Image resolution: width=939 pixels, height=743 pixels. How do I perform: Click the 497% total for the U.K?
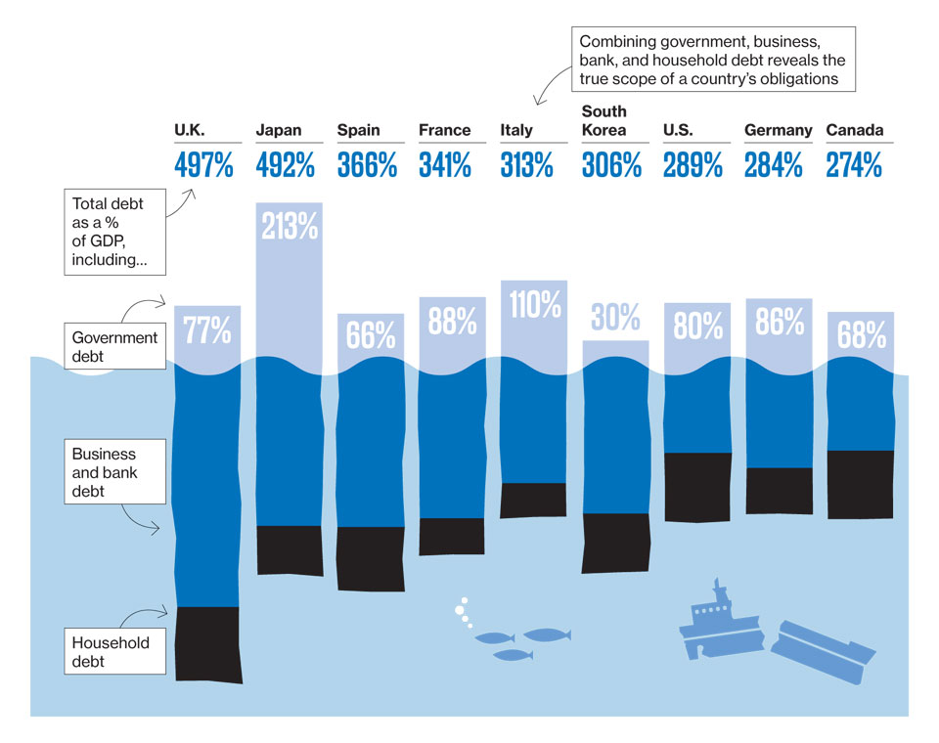point(203,165)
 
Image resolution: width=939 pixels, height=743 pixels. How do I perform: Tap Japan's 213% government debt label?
point(289,226)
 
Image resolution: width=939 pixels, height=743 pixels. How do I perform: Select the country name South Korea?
point(604,120)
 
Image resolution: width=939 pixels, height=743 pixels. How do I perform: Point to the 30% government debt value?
point(615,317)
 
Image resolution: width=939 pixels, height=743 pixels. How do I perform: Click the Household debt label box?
point(115,652)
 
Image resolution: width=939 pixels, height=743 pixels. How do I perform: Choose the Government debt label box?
point(115,347)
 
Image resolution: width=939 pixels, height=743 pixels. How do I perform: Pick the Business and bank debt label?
point(106,472)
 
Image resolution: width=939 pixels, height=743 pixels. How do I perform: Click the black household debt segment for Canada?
point(860,484)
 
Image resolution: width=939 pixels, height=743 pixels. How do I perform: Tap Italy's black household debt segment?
point(533,500)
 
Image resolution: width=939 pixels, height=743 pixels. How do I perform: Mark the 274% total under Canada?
point(854,165)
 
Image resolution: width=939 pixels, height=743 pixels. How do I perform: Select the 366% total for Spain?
point(367,165)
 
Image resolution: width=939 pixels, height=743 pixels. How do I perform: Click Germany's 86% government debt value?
point(779,322)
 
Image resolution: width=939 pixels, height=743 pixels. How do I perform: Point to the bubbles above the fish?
point(463,612)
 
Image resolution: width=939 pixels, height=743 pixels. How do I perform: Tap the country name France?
point(444,130)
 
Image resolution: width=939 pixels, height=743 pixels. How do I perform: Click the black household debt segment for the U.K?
point(207,644)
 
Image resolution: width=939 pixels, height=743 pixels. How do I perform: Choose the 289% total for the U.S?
point(693,165)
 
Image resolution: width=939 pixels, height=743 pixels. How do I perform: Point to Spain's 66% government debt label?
point(371,335)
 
